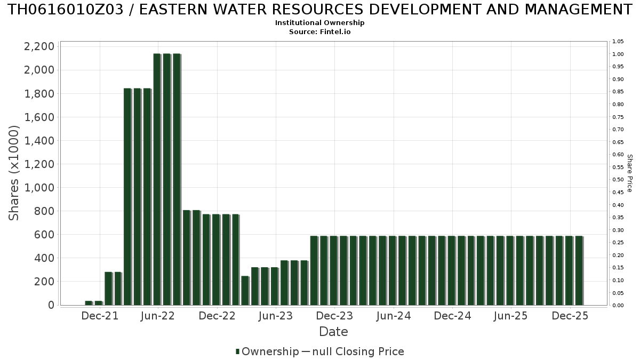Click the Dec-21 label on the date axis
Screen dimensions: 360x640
(100, 316)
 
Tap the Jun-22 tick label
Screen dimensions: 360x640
(158, 316)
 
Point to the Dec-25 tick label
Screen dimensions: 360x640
(570, 316)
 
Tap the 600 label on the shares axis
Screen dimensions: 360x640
(44, 235)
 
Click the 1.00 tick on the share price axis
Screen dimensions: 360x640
(618, 54)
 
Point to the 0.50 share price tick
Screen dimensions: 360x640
(618, 180)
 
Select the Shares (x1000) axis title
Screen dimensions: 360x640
(14, 173)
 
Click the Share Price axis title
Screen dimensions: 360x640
(630, 173)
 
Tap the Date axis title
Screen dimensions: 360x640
(333, 332)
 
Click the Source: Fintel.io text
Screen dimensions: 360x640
(319, 32)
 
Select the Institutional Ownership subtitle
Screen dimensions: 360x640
(319, 23)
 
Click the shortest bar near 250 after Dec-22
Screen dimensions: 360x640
(245, 291)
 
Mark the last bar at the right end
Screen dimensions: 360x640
(579, 270)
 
